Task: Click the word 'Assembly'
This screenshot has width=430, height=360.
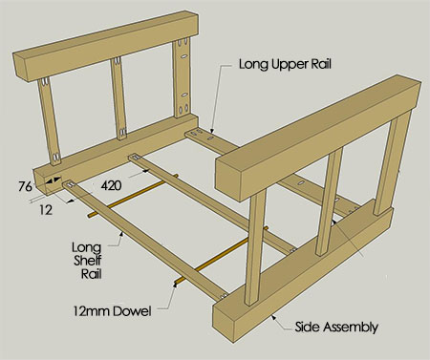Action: tap(351, 327)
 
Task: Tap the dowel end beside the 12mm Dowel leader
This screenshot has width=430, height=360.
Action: tap(180, 283)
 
